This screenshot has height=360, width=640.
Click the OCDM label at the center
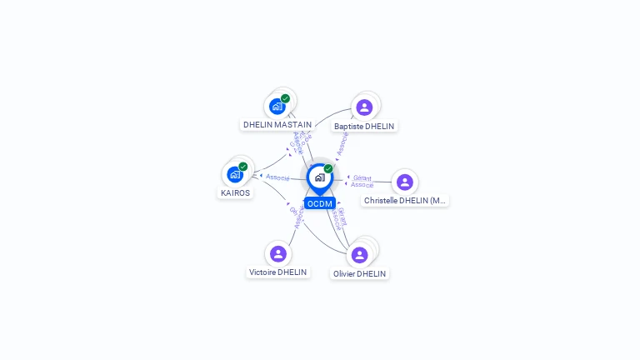click(x=319, y=203)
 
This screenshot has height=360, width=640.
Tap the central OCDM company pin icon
click(x=319, y=177)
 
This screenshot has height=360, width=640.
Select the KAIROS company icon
click(x=234, y=174)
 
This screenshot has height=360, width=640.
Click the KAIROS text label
click(x=235, y=192)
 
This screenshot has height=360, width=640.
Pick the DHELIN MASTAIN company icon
click(x=277, y=107)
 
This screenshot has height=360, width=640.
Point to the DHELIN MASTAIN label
click(x=277, y=125)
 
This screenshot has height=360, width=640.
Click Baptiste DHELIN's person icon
click(x=364, y=107)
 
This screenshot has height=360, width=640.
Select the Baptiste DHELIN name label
click(x=364, y=127)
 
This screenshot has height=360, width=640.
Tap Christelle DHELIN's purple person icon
click(x=404, y=182)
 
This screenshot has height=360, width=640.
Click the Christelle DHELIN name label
click(x=405, y=201)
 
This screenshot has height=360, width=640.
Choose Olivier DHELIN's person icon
click(x=360, y=254)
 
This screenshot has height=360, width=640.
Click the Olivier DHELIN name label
click(x=360, y=273)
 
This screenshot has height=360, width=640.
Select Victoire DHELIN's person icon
click(x=278, y=253)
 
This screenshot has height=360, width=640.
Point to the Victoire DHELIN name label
click(x=278, y=272)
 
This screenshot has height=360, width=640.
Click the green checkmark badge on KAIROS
click(x=243, y=167)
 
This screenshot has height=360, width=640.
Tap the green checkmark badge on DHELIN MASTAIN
click(x=286, y=98)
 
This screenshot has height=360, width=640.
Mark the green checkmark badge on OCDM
click(x=328, y=169)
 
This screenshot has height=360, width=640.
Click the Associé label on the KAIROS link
click(x=277, y=177)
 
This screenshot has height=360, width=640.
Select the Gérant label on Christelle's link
click(x=362, y=177)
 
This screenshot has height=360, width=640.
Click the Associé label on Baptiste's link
click(x=341, y=143)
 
